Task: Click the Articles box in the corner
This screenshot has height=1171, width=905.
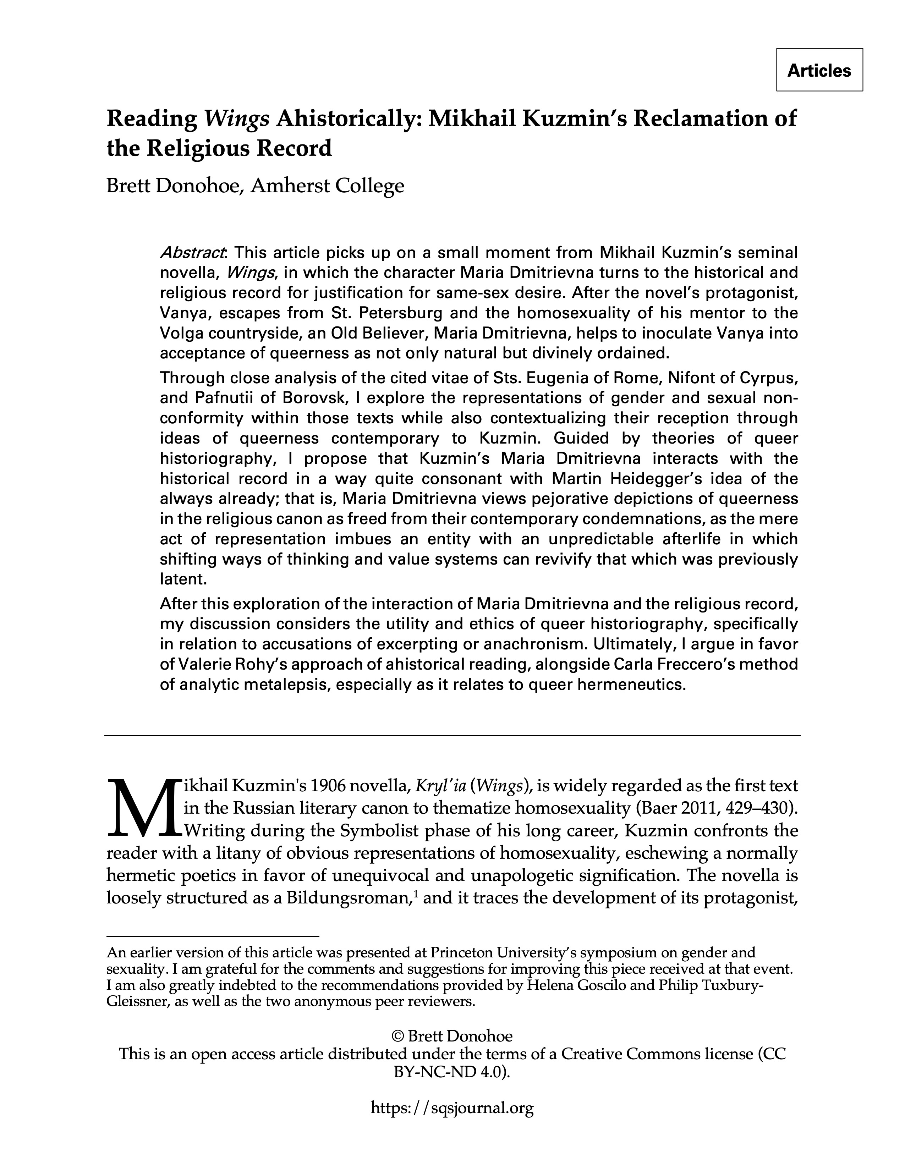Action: (819, 70)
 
